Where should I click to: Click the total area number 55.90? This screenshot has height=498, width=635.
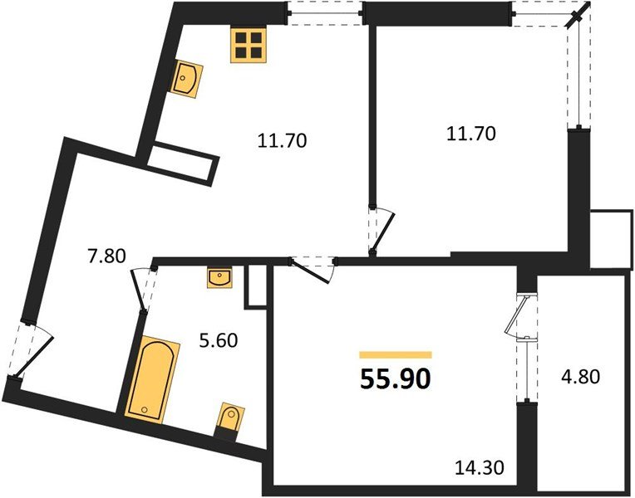[x=395, y=379]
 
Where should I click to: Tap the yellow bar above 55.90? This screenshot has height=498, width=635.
[x=396, y=354]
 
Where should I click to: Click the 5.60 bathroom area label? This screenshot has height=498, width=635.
[x=221, y=340]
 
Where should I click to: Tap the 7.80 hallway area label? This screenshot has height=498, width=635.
[x=106, y=256]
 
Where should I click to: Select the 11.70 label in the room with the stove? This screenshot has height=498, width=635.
[x=282, y=140]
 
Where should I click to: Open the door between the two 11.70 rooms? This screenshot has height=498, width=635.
[x=378, y=232]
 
